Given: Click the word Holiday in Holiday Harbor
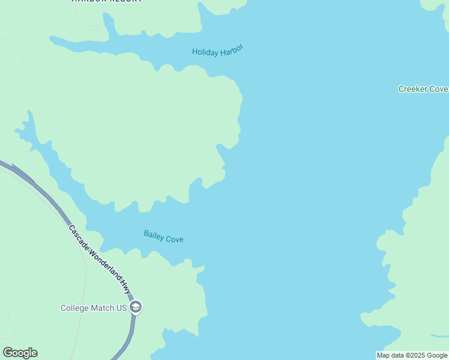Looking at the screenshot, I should (x=205, y=52).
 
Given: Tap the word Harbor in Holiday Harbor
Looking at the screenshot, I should (x=232, y=50).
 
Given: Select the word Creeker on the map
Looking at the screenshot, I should (x=412, y=89).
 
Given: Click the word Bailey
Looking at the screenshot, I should (x=154, y=235).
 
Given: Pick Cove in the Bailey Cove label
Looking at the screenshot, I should (x=175, y=239).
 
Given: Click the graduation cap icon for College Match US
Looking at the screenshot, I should (x=136, y=308).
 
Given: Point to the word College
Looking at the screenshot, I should (x=74, y=308).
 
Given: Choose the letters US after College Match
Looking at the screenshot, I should (x=121, y=308).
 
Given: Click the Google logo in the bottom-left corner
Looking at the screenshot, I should (x=20, y=353).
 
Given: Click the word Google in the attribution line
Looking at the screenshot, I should (x=438, y=356).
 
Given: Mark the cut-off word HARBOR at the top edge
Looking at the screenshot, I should (x=88, y=1).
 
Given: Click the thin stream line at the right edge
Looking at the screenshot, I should (x=440, y=335).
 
